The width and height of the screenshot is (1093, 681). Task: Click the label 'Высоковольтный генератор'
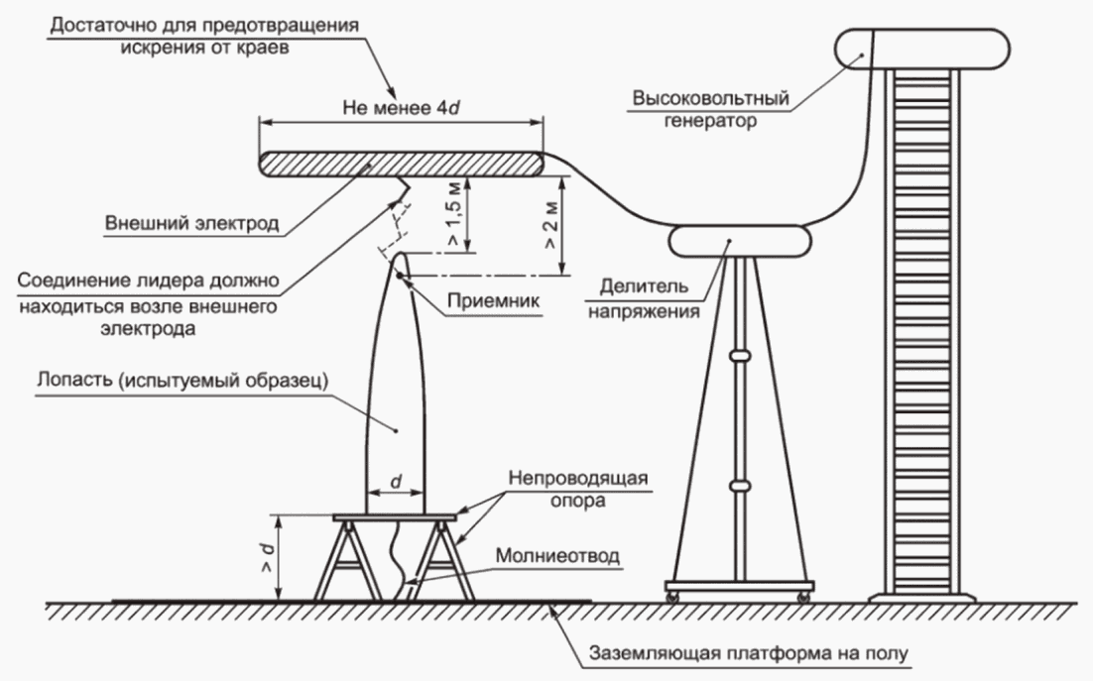tap(710, 109)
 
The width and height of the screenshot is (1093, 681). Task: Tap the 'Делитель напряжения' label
tap(644, 298)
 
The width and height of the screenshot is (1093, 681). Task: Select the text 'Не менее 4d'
tap(401, 108)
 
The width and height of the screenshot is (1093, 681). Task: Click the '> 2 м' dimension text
tap(551, 226)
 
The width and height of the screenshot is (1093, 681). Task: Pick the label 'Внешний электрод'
tap(191, 223)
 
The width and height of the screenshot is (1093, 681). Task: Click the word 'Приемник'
tap(494, 300)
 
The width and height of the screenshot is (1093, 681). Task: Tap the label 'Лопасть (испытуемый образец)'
tap(182, 382)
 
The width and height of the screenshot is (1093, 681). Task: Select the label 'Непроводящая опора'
tap(578, 489)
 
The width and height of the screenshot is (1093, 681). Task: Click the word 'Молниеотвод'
tap(557, 556)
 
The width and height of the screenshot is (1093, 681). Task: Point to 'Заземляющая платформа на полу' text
tap(750, 654)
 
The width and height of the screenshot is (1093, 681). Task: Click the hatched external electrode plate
tap(401, 164)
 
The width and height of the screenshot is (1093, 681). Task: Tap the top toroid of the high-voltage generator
tap(922, 50)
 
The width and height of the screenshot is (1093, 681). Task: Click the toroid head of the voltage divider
tap(740, 240)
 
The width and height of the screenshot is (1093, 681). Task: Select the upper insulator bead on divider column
tap(740, 356)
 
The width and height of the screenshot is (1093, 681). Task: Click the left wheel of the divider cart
tap(672, 597)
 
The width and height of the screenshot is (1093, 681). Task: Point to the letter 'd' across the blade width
tap(396, 481)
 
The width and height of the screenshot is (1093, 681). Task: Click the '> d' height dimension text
tap(267, 557)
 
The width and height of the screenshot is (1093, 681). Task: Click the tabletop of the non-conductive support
tap(395, 518)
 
